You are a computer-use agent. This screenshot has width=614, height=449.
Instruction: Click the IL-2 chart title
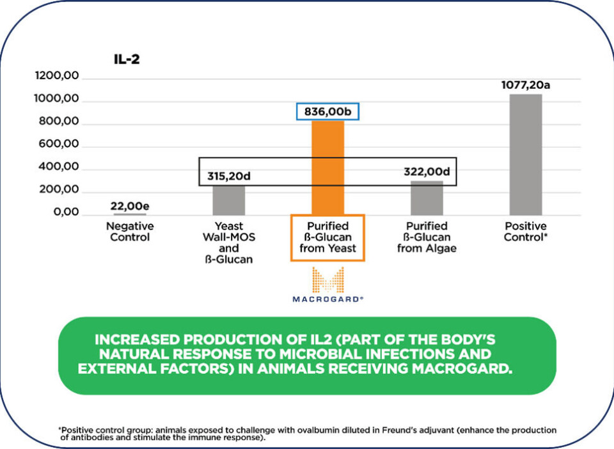[x=126, y=60]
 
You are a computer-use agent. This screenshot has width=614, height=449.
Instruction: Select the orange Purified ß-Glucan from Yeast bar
[x=327, y=167]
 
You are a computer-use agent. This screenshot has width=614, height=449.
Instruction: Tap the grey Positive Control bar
[x=525, y=154]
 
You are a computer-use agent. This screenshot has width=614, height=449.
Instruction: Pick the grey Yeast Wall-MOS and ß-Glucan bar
[x=229, y=200]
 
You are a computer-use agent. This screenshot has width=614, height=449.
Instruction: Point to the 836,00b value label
[x=327, y=111]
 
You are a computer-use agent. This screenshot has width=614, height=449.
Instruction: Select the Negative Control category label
[x=130, y=232]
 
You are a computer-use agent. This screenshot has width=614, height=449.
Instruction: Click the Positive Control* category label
[x=525, y=232]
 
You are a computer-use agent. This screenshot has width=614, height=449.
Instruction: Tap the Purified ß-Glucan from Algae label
[x=427, y=237]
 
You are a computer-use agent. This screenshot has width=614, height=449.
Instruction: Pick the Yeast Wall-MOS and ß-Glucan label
[x=229, y=242]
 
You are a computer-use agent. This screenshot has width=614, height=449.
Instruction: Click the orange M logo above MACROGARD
[x=327, y=280]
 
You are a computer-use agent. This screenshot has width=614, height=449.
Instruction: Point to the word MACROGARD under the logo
[x=327, y=299]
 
